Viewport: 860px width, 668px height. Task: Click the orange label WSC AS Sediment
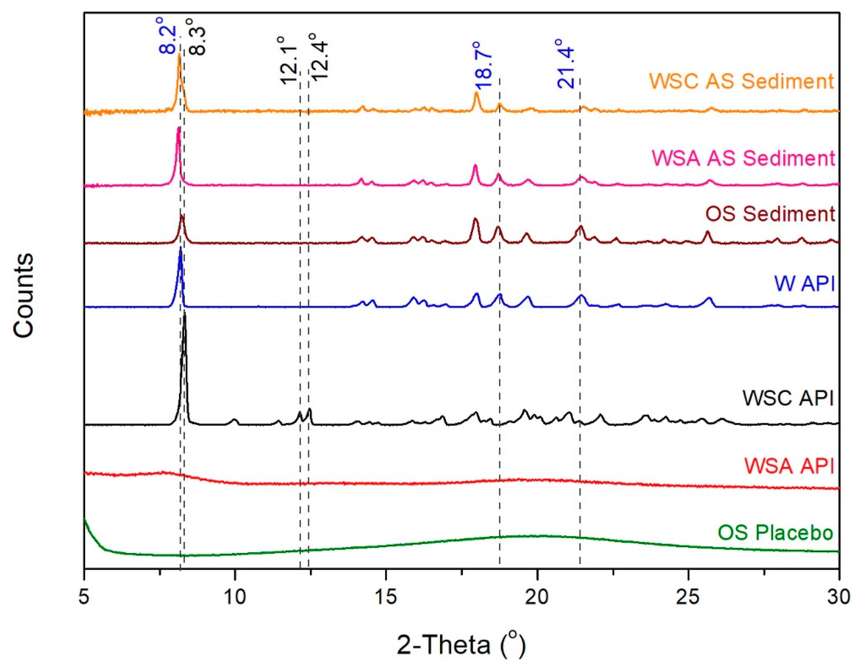[x=741, y=81]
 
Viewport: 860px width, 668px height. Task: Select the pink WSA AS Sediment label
[x=743, y=158]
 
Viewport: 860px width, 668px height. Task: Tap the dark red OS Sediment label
[x=770, y=214]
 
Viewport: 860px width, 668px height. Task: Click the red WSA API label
[x=789, y=466]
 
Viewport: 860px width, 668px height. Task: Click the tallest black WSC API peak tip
[x=184, y=316]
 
